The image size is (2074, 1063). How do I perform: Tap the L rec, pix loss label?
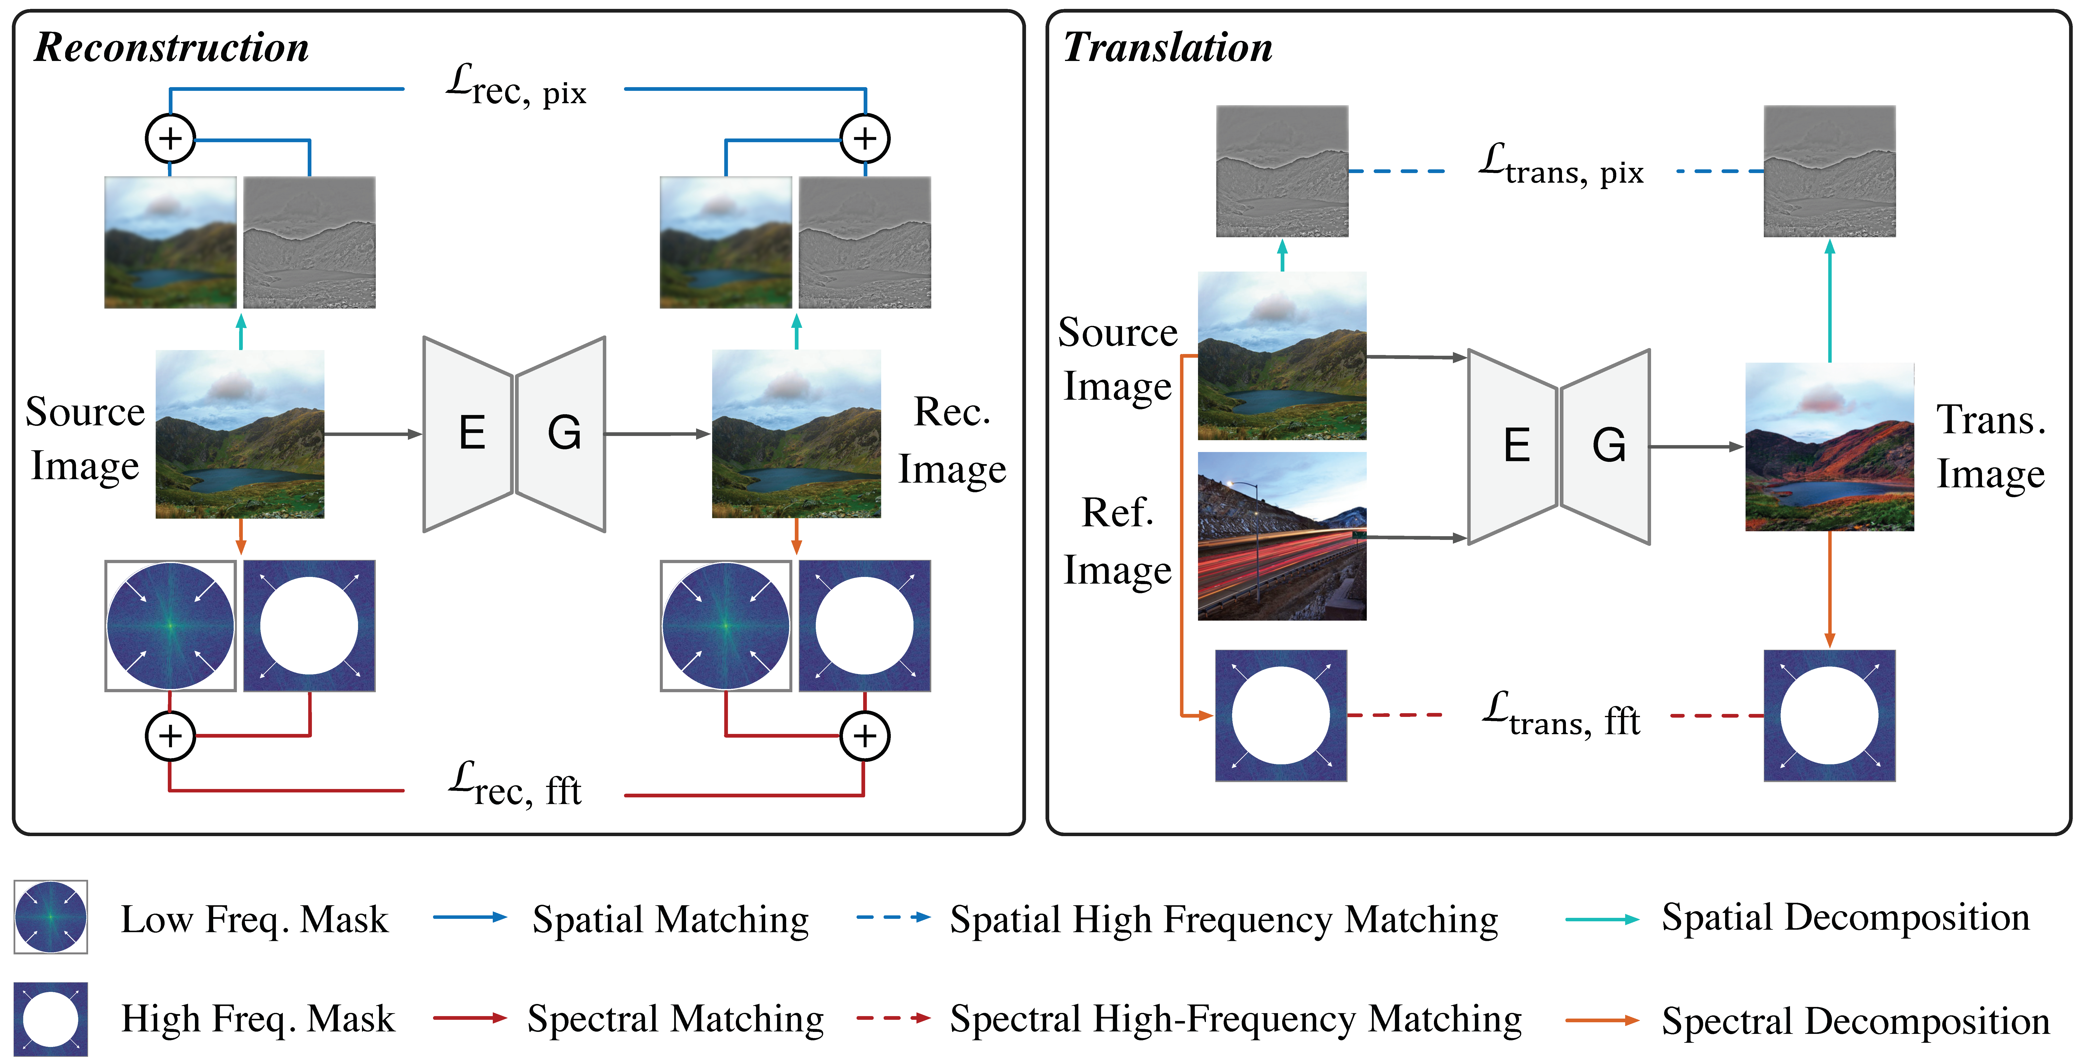pyautogui.click(x=515, y=87)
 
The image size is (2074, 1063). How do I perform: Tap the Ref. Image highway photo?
pyautogui.click(x=1282, y=535)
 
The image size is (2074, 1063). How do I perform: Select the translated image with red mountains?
pyautogui.click(x=1829, y=447)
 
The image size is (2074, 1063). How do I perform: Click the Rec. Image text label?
pyautogui.click(x=952, y=440)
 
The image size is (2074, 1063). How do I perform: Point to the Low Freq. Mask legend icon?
pyautogui.click(x=51, y=916)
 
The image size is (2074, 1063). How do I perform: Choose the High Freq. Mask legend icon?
pyautogui.click(x=51, y=1019)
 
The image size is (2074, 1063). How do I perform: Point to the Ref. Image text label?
pyautogui.click(x=1118, y=541)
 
